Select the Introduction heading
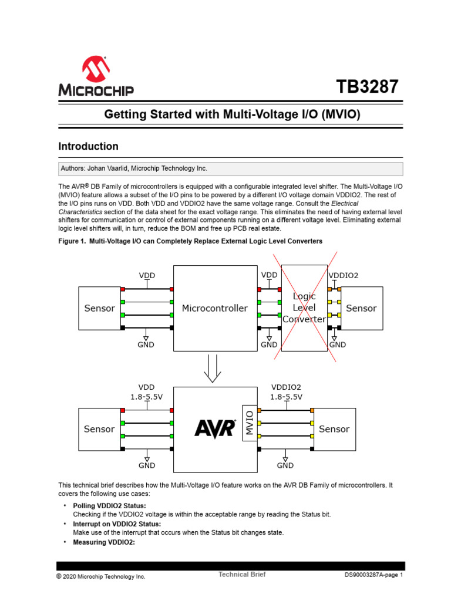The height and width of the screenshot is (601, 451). [88, 147]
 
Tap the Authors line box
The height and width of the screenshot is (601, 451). [230, 168]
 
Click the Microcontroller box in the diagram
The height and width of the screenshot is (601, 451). [214, 308]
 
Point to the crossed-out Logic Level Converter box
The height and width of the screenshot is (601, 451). [304, 308]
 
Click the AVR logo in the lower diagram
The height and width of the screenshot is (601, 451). [214, 429]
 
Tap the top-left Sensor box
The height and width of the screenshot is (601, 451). [100, 308]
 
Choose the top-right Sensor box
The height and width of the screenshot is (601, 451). [361, 308]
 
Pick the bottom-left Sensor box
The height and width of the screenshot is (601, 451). [100, 429]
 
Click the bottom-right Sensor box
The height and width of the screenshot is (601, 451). [334, 429]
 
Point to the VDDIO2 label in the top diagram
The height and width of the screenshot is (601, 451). [344, 275]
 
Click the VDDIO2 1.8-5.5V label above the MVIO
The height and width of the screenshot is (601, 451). [286, 392]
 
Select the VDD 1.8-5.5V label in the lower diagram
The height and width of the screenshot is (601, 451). [146, 392]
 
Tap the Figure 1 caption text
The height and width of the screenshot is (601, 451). [190, 241]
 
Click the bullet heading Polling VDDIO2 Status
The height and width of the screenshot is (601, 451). [109, 505]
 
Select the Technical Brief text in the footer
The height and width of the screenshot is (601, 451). [242, 575]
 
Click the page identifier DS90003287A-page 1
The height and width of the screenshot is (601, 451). [373, 576]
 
